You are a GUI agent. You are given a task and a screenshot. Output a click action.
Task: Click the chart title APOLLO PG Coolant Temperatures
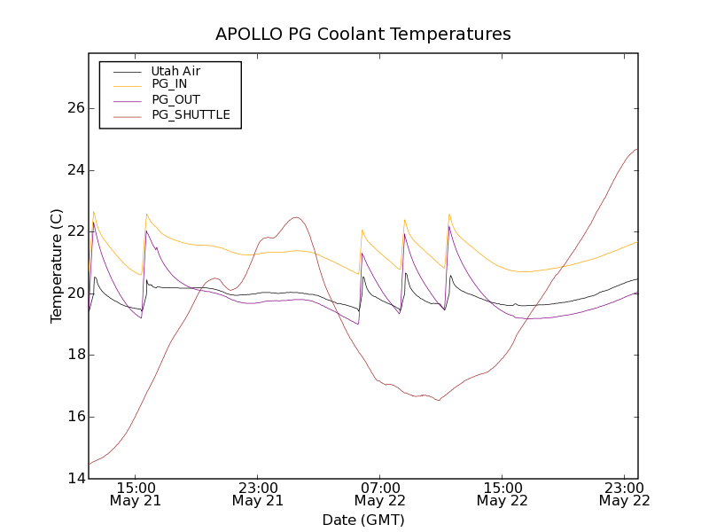pyautogui.click(x=363, y=35)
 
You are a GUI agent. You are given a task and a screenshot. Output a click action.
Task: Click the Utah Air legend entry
pyautogui.click(x=175, y=70)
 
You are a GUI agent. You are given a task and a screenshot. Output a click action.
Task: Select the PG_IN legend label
pyautogui.click(x=169, y=84)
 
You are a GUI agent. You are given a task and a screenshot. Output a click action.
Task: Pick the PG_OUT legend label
pyautogui.click(x=175, y=99)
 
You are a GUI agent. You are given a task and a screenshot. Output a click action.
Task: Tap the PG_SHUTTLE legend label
pyautogui.click(x=191, y=114)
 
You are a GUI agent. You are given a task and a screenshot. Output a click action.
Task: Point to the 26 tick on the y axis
pyautogui.click(x=75, y=108)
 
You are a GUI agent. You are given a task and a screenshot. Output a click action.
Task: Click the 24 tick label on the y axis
pyautogui.click(x=75, y=170)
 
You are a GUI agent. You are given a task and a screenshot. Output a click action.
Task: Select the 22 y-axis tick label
pyautogui.click(x=75, y=231)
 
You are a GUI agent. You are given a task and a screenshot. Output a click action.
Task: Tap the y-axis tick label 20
pyautogui.click(x=75, y=293)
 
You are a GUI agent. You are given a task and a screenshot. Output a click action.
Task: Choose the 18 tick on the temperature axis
pyautogui.click(x=75, y=355)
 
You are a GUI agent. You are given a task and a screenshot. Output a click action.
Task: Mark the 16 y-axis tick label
pyautogui.click(x=75, y=417)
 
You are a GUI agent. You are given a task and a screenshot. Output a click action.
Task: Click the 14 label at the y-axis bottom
pyautogui.click(x=75, y=479)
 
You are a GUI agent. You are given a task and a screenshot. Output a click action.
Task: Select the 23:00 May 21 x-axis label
pyautogui.click(x=258, y=494)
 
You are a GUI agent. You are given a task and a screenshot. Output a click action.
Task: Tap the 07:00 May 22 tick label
pyautogui.click(x=380, y=494)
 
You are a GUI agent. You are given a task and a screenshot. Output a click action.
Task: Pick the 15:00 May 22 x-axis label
pyautogui.click(x=503, y=494)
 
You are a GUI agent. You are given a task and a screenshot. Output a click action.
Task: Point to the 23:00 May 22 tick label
pyautogui.click(x=625, y=494)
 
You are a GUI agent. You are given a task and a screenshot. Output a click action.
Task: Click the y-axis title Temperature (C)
pyautogui.click(x=57, y=266)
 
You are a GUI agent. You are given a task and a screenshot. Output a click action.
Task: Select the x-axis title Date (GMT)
pyautogui.click(x=363, y=520)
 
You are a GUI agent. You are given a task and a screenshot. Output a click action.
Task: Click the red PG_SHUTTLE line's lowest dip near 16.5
pyautogui.click(x=439, y=401)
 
